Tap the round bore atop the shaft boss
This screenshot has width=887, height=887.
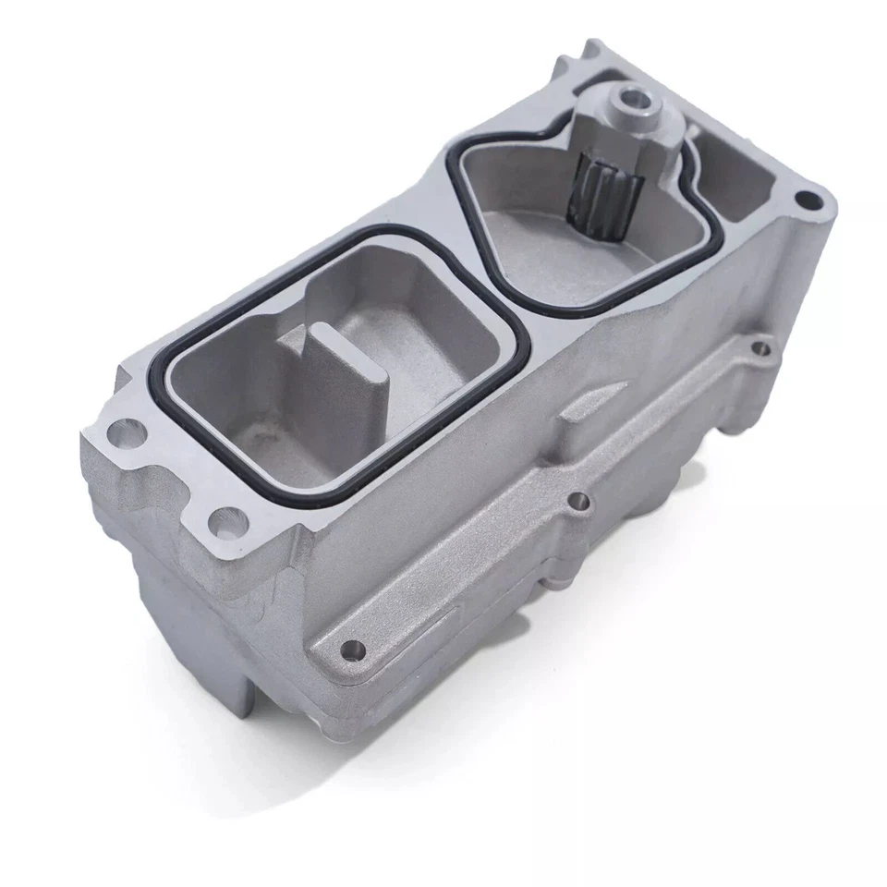(x=636, y=96)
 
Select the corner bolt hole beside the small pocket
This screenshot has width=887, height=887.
(x=808, y=198)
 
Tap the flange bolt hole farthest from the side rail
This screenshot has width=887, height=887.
(x=122, y=430)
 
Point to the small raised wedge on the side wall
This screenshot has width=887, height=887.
(x=591, y=407)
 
